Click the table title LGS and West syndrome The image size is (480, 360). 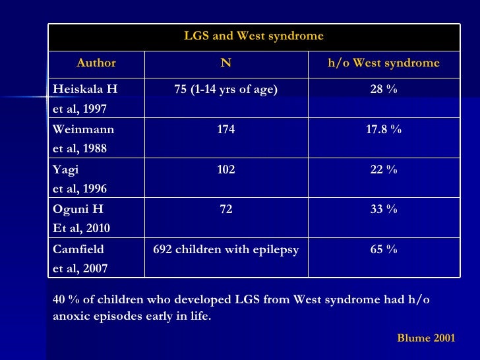(253, 36)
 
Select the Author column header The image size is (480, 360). (96, 63)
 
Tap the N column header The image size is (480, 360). (225, 63)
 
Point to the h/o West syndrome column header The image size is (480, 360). (384, 63)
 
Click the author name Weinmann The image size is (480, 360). (81, 130)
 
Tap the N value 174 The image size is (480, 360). (225, 130)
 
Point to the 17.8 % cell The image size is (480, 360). (384, 130)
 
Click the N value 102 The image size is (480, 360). (225, 169)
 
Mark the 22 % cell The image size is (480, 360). (384, 169)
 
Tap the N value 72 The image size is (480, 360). (225, 209)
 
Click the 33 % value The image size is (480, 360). (384, 209)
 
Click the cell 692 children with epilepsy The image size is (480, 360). (225, 249)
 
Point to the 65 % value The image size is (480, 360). (384, 249)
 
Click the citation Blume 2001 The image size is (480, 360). (426, 338)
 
